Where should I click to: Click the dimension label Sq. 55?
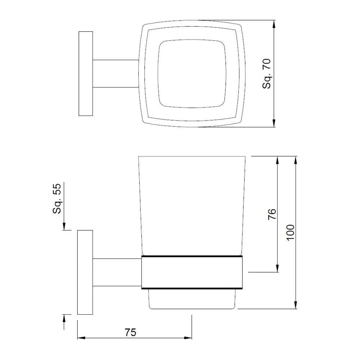point(58,198)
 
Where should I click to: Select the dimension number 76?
point(273,214)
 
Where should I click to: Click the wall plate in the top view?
point(86,73)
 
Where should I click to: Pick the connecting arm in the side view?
point(117,273)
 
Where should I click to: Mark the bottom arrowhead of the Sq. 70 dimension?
point(274,123)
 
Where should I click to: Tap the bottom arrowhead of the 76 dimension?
point(277,269)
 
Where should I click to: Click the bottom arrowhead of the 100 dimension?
point(296,305)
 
